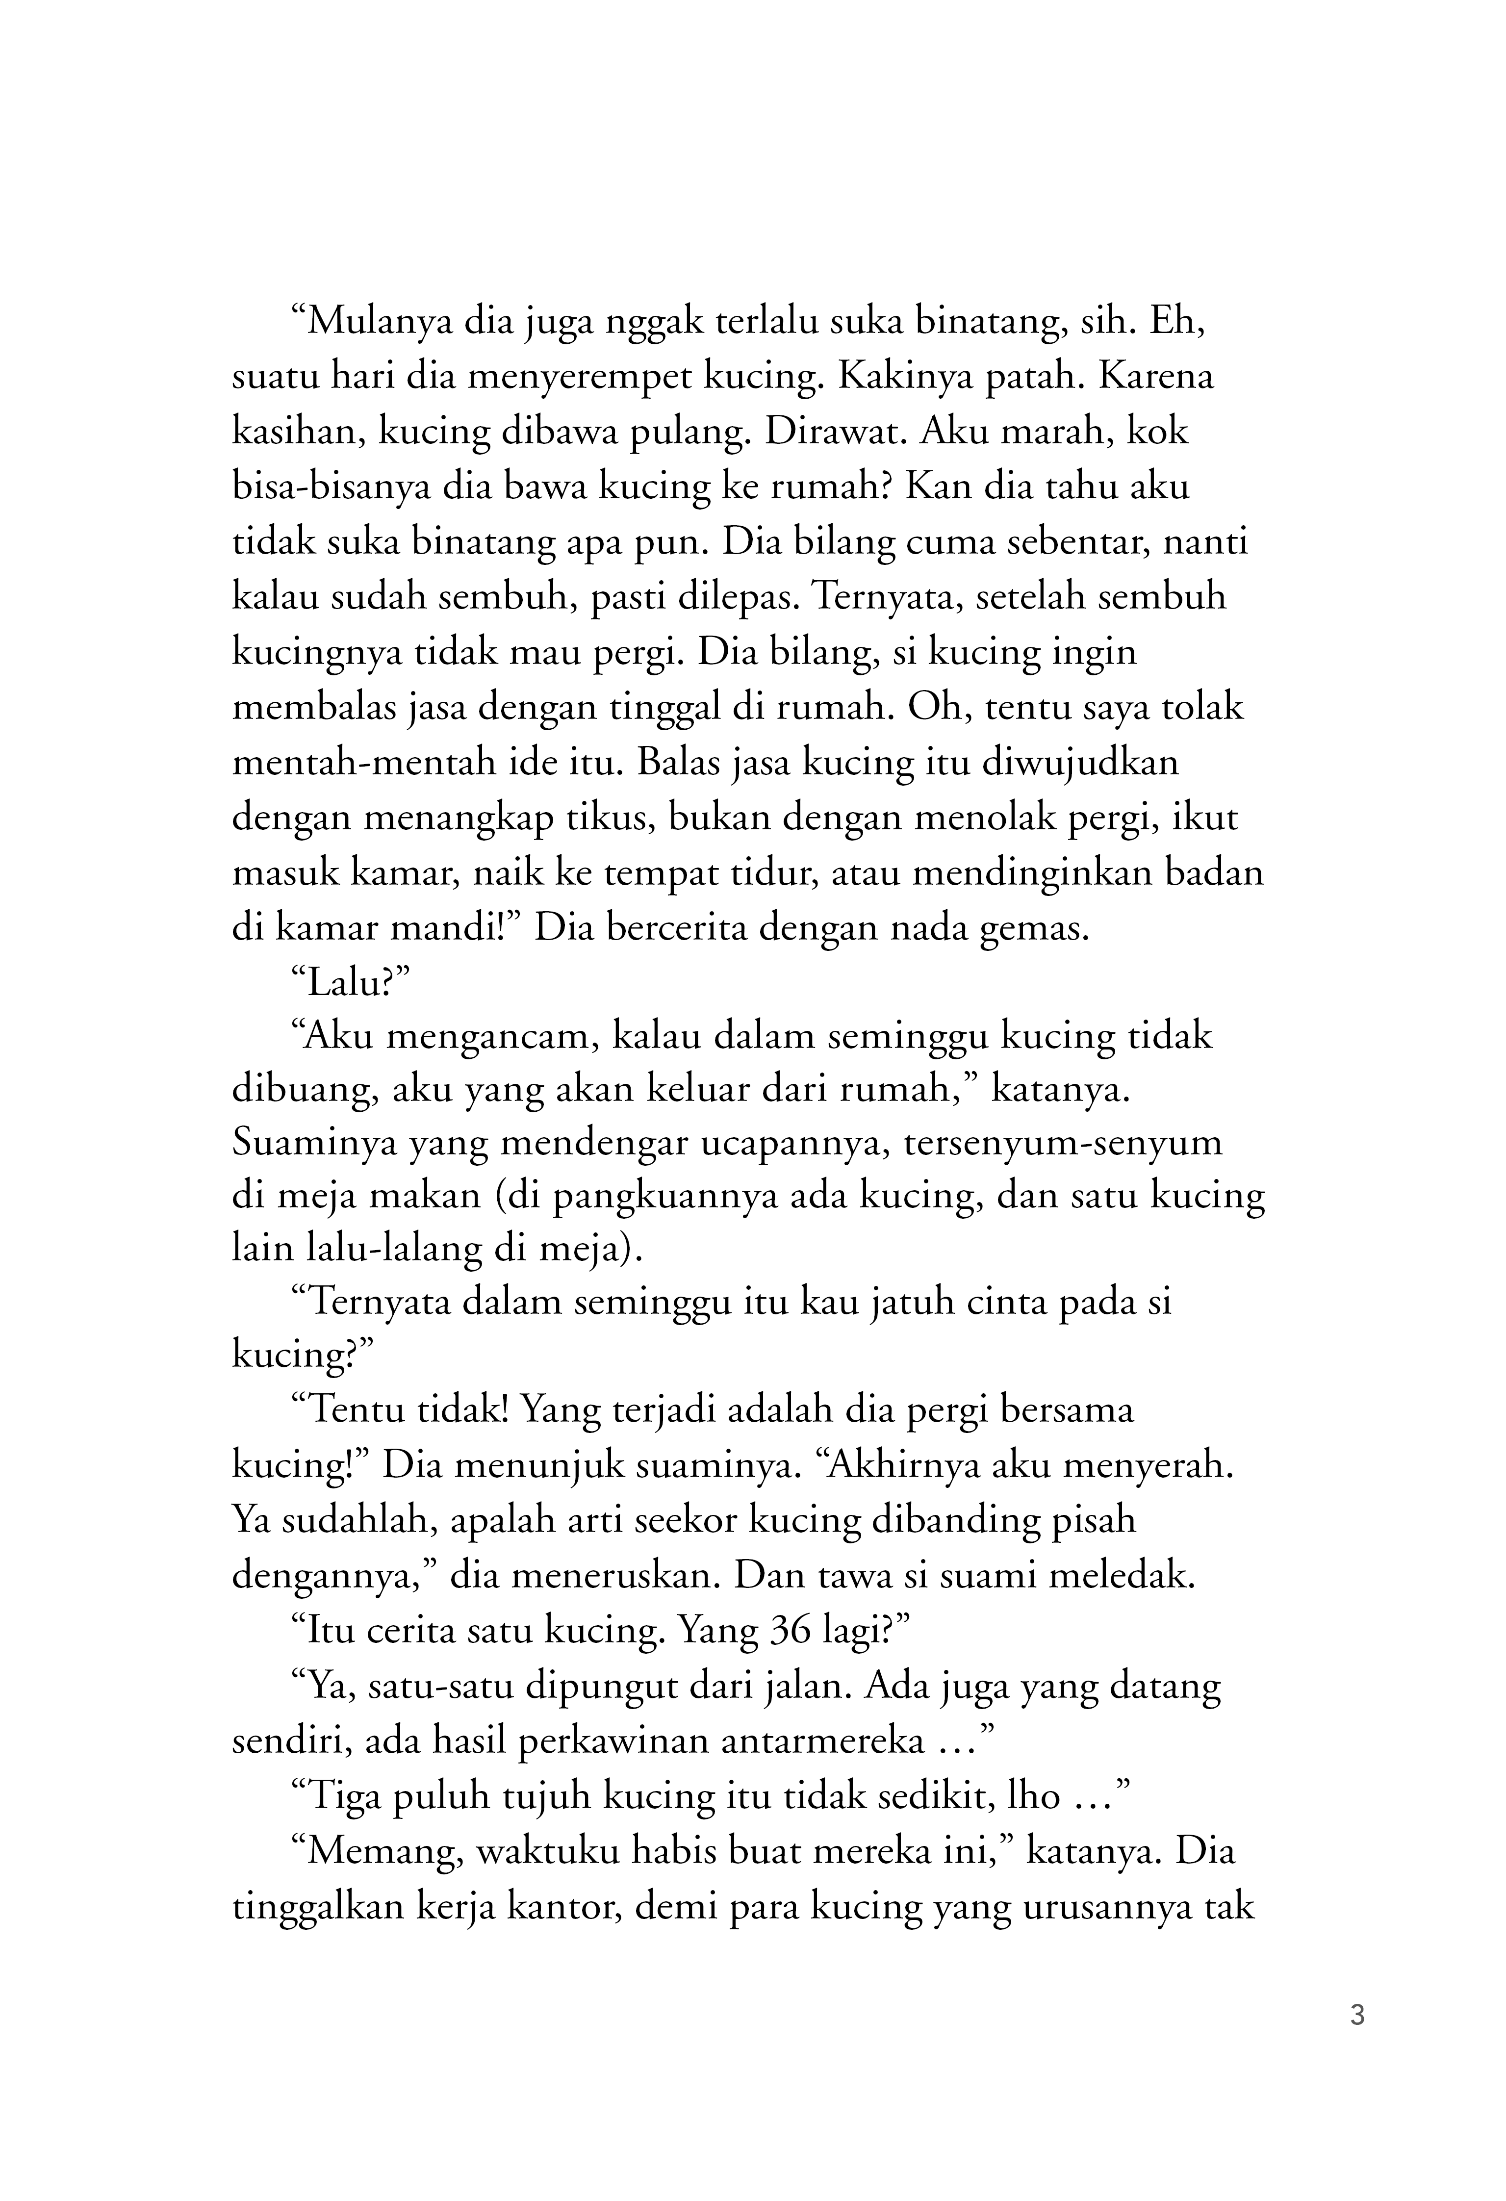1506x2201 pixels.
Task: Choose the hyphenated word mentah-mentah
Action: [364, 763]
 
